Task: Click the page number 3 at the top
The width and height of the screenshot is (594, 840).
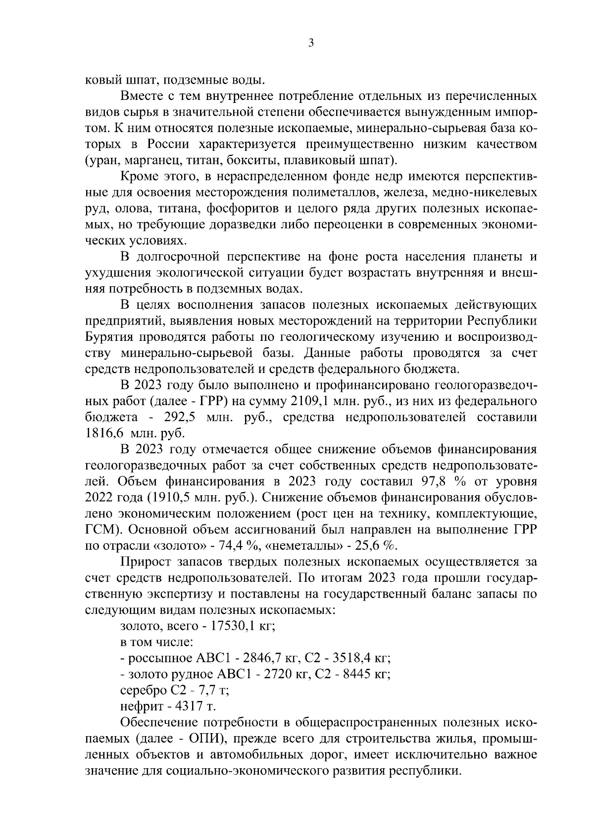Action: coord(310,44)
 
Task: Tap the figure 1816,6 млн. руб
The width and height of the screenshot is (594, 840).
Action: coord(135,432)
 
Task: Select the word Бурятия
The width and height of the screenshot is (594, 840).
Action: coord(108,338)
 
